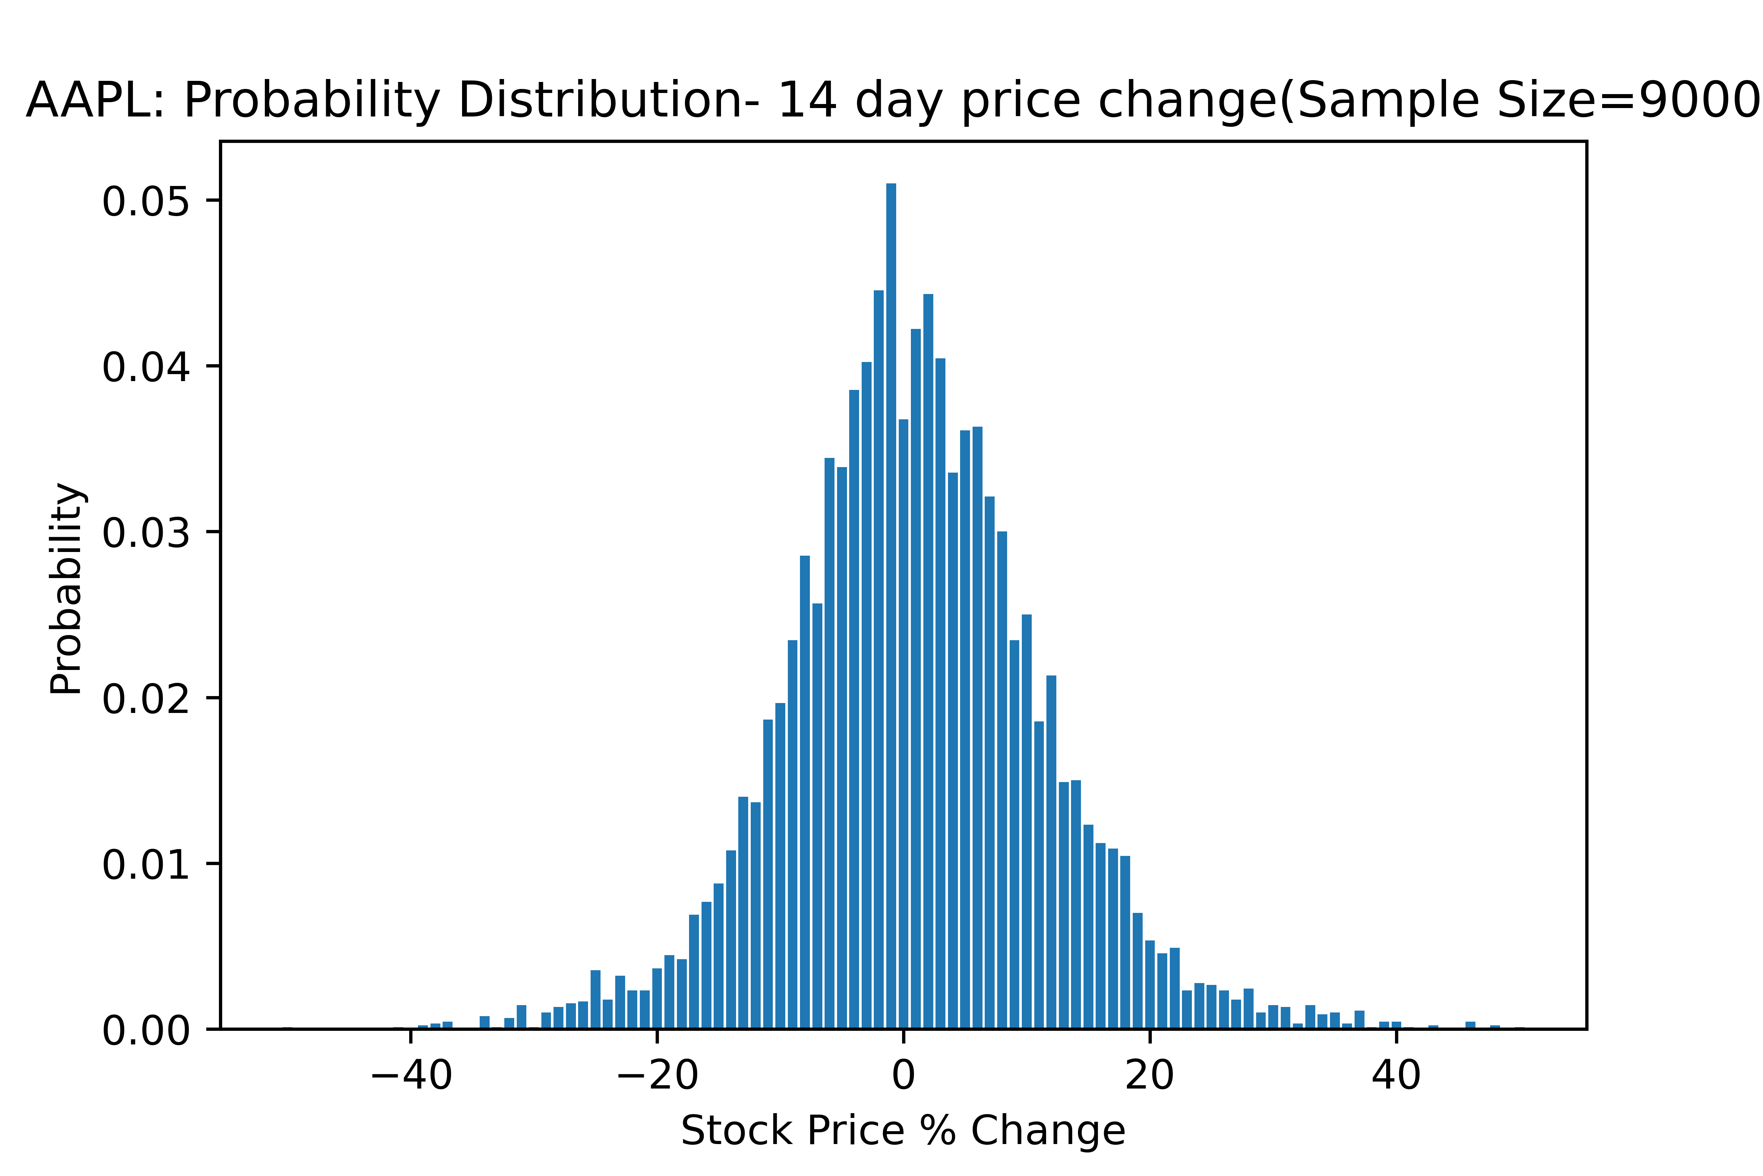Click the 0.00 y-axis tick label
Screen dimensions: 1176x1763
coord(145,1031)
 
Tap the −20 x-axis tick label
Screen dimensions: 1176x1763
coord(657,1076)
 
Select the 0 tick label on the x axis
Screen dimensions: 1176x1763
coord(903,1076)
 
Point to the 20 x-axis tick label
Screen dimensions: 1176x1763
coord(1149,1076)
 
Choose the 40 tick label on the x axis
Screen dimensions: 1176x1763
coord(1396,1076)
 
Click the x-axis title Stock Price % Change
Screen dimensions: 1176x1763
coord(902,1131)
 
